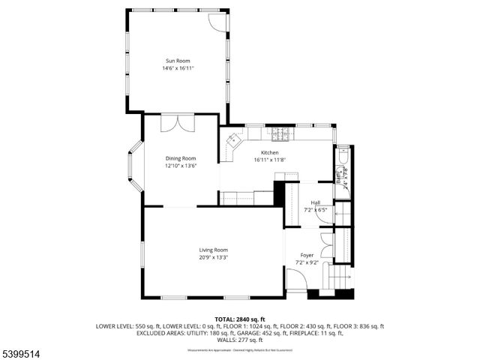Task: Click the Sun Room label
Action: pyautogui.click(x=177, y=61)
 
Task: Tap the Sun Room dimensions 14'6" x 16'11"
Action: pyautogui.click(x=177, y=68)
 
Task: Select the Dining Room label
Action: pyautogui.click(x=181, y=158)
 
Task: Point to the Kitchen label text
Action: pyautogui.click(x=269, y=152)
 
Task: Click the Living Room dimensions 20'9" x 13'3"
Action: pyautogui.click(x=213, y=257)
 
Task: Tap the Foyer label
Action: pyautogui.click(x=307, y=255)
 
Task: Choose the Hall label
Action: pyautogui.click(x=316, y=202)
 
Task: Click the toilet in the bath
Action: pyautogui.click(x=342, y=158)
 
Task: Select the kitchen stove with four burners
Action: pyautogui.click(x=280, y=135)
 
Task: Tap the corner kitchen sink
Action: pyautogui.click(x=235, y=139)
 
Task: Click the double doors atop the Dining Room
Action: pyautogui.click(x=170, y=122)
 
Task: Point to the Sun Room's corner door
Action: pyautogui.click(x=216, y=20)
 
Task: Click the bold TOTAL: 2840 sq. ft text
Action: pyautogui.click(x=240, y=319)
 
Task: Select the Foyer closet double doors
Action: pyautogui.click(x=325, y=248)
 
